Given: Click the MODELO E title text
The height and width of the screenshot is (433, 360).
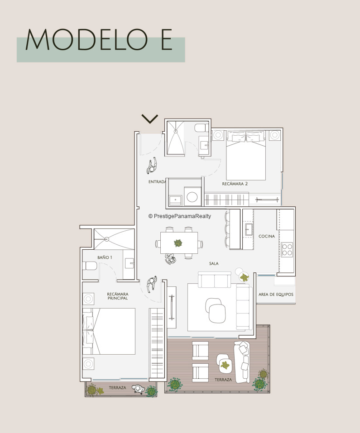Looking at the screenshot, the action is pos(99,39).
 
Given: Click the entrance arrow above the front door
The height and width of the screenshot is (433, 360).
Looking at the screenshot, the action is pos(150,119).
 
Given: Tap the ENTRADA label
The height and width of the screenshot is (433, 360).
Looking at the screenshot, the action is pos(157,182).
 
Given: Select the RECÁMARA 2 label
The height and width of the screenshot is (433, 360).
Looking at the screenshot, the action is pos(235,184).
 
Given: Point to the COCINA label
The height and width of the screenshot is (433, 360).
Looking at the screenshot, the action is pos(267,236).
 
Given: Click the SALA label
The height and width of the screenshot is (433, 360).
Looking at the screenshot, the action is pos(214,263).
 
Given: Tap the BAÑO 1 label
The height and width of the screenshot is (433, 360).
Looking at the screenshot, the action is pos(105,257).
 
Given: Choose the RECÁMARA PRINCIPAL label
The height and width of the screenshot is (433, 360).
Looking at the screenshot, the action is pos(118,296).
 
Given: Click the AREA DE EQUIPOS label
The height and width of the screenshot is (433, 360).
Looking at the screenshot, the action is pos(276,295).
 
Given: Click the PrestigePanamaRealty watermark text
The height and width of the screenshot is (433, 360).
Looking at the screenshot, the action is pos(180,216).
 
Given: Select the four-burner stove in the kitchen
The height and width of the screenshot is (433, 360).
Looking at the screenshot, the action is pos(287,250).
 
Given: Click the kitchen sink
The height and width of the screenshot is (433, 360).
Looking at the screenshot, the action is pos(249,229).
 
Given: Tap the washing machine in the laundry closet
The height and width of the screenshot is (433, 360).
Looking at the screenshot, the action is pos(192,196).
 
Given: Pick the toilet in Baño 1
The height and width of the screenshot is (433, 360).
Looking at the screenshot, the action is pos(91,266).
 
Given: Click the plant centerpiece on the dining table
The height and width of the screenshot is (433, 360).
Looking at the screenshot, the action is pos(178,243).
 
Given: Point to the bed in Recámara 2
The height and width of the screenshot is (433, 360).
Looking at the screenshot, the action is pos(246,156).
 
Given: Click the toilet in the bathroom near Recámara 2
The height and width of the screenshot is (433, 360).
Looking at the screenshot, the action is pos(201,128).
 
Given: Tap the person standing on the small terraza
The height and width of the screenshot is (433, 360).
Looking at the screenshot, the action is pos(138,389).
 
